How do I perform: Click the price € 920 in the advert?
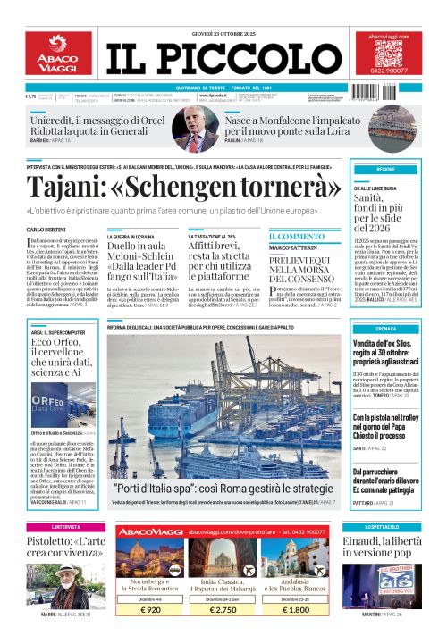[150, 609]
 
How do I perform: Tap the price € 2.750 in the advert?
[223, 609]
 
